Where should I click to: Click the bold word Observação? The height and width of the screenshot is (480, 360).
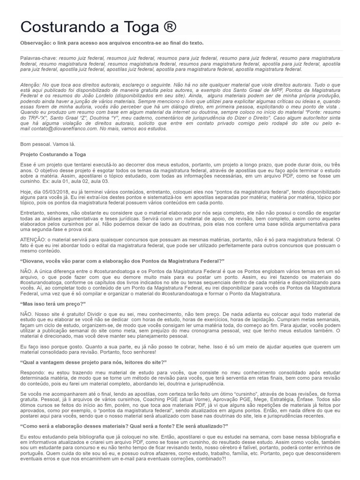click(x=37, y=43)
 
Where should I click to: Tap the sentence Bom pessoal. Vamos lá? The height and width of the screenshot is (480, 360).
click(x=48, y=143)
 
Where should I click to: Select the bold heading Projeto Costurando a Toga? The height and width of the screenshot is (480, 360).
click(x=53, y=154)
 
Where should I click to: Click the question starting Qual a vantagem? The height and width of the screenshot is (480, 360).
click(x=94, y=362)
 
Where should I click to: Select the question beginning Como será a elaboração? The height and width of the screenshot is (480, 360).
click(x=124, y=426)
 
